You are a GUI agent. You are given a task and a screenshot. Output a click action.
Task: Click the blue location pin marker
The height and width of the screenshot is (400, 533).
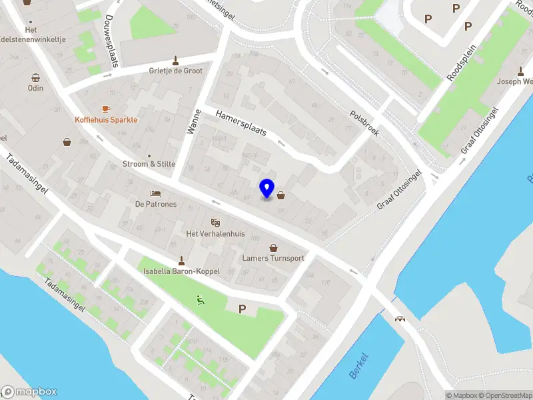click(x=267, y=189)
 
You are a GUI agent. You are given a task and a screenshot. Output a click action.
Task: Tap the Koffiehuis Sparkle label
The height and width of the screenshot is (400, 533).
click(x=106, y=120)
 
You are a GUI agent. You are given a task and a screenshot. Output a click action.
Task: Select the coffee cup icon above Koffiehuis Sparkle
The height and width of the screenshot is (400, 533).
click(x=105, y=109)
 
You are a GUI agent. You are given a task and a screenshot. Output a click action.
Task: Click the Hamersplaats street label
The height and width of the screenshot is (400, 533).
click(x=241, y=124)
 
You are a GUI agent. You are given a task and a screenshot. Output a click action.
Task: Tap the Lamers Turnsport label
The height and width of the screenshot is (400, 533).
click(x=273, y=258)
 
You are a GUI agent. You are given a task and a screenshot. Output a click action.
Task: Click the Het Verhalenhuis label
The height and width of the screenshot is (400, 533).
click(x=215, y=234)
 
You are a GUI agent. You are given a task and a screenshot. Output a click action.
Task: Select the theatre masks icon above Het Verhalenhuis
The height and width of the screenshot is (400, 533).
click(x=215, y=222)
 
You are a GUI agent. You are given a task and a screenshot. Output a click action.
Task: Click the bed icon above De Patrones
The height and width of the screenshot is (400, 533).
click(x=155, y=193)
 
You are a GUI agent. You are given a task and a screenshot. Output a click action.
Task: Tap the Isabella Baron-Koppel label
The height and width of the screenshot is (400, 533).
click(x=180, y=271)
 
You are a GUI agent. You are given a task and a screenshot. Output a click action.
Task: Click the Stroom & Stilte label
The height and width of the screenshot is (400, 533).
click(x=149, y=164)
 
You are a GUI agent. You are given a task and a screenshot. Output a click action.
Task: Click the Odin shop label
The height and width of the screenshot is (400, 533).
click(x=35, y=88)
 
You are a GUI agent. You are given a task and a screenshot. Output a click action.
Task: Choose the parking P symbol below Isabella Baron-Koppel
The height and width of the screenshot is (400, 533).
click(x=242, y=309)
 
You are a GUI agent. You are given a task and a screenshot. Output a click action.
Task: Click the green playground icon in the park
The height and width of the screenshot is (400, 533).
click(x=199, y=300)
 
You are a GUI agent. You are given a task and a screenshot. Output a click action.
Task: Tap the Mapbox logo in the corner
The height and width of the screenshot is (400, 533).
click(x=29, y=392)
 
